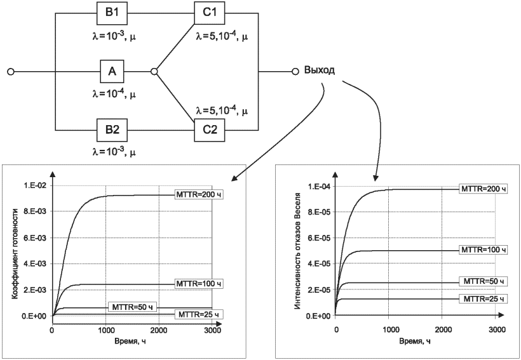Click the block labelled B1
point(112,13)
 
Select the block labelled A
point(112,71)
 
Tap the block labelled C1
point(210,13)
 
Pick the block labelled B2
point(112,130)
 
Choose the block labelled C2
point(210,130)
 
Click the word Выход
point(320,70)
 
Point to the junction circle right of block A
point(154,71)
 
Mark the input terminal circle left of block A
point(11,71)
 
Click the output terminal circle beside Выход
point(295,71)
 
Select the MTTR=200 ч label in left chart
point(198,195)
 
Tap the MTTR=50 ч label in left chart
point(132,307)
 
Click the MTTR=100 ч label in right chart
point(483,250)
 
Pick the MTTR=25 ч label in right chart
point(483,298)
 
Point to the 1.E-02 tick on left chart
point(34,185)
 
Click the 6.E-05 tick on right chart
point(317,238)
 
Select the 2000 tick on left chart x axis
point(159,330)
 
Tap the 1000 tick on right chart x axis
point(389,330)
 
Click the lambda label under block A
point(114,95)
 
